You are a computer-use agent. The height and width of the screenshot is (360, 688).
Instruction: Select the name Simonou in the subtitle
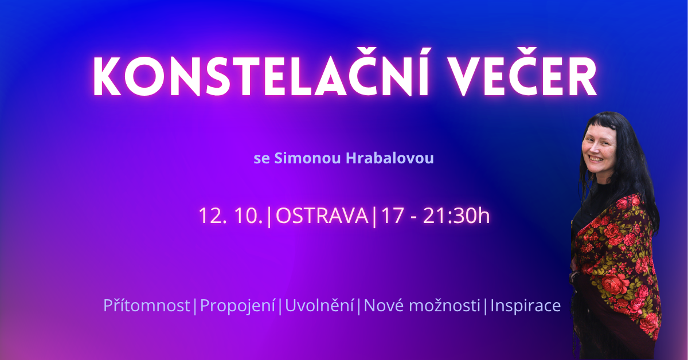click(307, 158)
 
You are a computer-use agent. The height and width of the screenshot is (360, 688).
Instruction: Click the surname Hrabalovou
click(390, 158)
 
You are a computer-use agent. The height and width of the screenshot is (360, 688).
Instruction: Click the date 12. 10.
click(231, 216)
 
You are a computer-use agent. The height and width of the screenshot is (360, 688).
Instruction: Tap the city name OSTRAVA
click(322, 216)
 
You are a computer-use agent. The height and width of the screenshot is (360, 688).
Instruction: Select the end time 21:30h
click(456, 216)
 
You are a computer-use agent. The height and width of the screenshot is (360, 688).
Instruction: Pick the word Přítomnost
click(147, 306)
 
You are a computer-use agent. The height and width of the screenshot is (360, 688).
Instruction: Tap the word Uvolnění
click(319, 306)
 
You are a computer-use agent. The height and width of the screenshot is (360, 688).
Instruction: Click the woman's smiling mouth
click(596, 159)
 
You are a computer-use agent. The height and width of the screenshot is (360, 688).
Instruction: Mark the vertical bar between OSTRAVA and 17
click(374, 217)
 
